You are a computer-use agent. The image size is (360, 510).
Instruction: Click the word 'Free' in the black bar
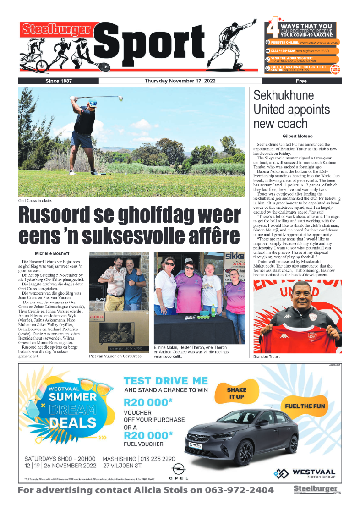tap(301, 81)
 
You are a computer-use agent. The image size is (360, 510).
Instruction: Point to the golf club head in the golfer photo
tap(120, 98)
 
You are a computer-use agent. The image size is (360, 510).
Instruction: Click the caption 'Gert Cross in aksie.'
tap(35, 200)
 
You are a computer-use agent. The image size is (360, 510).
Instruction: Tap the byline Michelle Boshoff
tap(51, 253)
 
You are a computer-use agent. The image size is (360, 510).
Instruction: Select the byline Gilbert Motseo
tap(297, 136)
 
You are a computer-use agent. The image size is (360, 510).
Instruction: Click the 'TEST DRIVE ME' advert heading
tap(166, 381)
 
